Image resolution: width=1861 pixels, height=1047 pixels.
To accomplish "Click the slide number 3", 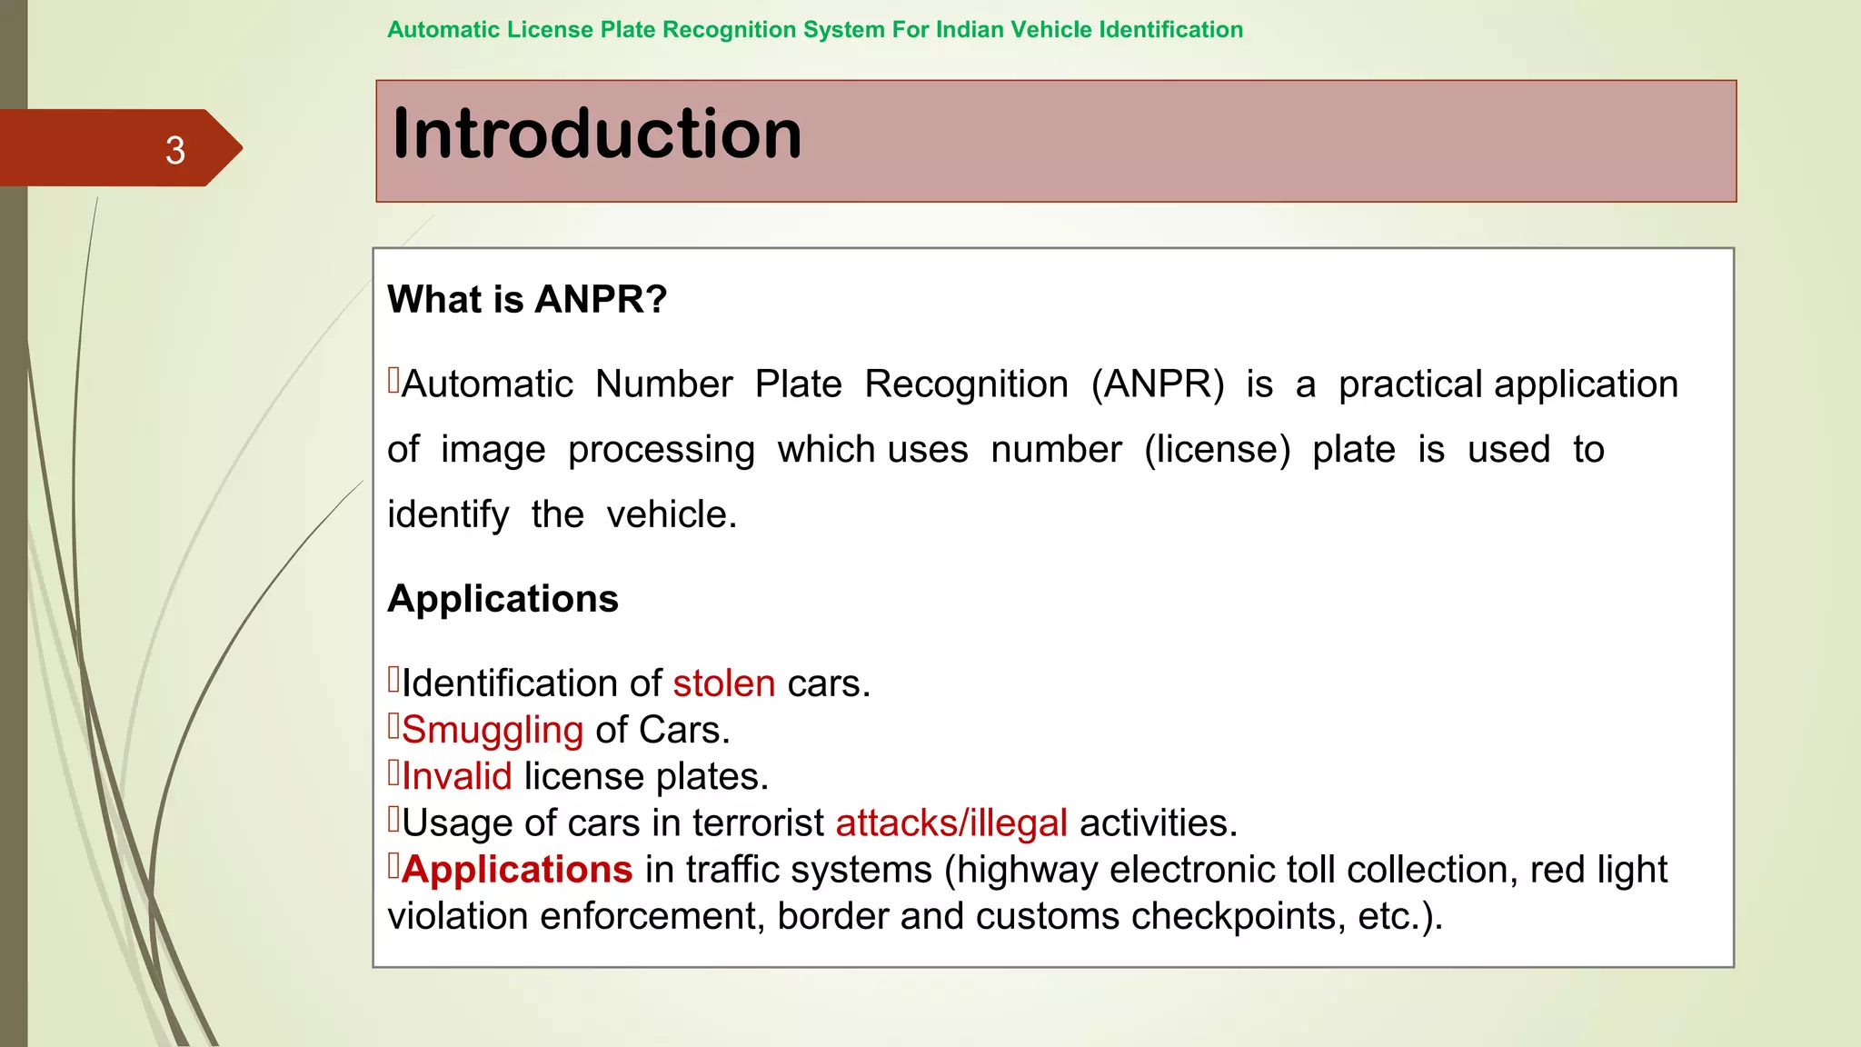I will (x=175, y=150).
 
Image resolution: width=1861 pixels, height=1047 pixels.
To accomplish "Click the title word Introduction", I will (x=597, y=135).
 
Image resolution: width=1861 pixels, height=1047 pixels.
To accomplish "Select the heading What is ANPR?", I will (x=527, y=300).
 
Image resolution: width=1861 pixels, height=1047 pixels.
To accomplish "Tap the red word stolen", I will (x=723, y=683).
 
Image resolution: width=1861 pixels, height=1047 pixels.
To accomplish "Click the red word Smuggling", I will (x=493, y=730).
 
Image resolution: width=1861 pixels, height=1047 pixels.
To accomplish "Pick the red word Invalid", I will (x=457, y=776).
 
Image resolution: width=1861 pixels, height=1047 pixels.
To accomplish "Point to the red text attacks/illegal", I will (x=951, y=823).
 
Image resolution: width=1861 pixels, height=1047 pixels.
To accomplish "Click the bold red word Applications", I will (x=517, y=870).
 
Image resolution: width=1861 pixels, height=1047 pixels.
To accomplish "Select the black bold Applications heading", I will (x=503, y=599).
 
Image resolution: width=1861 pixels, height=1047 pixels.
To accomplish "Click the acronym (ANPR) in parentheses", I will (x=1158, y=384).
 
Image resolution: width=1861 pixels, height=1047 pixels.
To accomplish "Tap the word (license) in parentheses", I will (x=1217, y=450).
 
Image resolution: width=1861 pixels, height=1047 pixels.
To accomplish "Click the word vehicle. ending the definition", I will (x=672, y=515).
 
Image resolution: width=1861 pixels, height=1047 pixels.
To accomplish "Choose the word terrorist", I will (x=758, y=823).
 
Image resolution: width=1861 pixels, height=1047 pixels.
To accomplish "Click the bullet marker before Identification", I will (x=393, y=679).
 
